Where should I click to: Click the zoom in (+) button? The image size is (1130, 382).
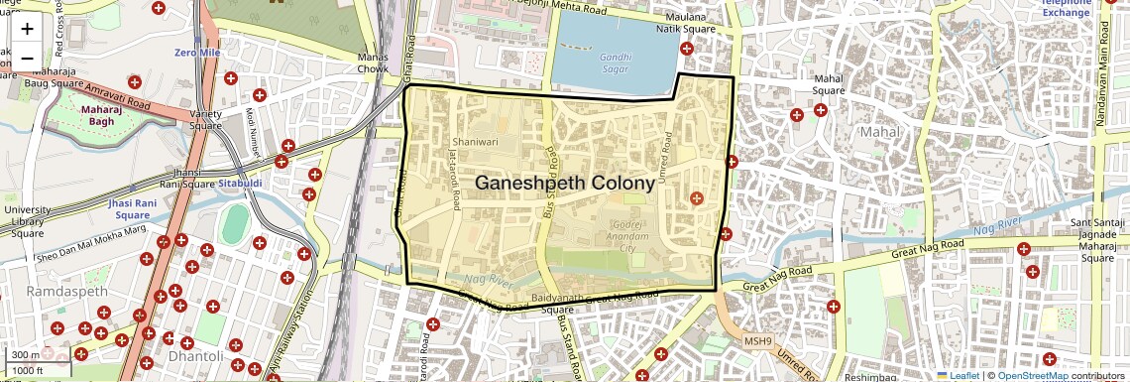coord(27,30)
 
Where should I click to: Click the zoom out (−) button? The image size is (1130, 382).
coord(27,59)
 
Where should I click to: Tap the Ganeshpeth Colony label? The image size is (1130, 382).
coord(565,184)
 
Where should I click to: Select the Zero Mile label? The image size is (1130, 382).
coord(195,52)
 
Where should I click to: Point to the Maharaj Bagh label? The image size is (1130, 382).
coord(101,115)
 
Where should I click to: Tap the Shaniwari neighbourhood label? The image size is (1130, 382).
coord(474,142)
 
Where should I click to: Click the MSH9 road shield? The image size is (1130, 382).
coord(758,341)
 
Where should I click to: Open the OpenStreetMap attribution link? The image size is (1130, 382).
coord(1032,376)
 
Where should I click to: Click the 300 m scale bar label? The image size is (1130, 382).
coord(26,355)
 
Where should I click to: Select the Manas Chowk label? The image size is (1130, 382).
coord(373,64)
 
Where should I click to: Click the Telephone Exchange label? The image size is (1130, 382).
coord(1066,8)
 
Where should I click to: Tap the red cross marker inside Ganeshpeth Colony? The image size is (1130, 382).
coord(696,198)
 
